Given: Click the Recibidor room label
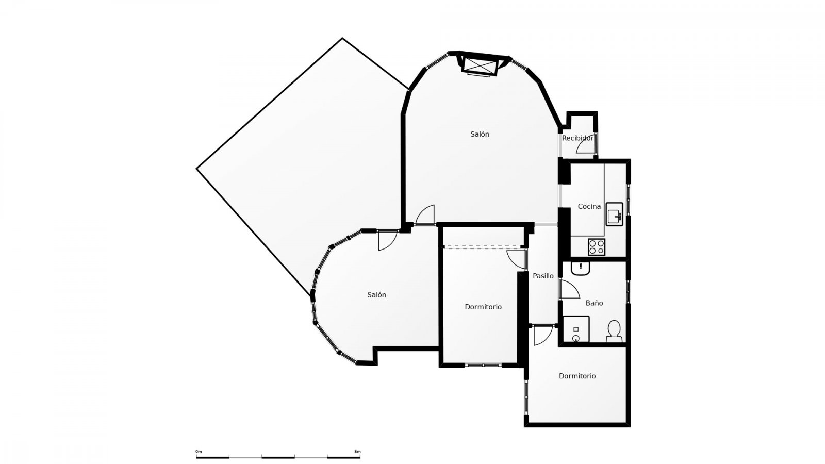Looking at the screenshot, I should click(x=577, y=138).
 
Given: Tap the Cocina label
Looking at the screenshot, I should click(x=589, y=206).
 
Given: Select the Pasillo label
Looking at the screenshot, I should click(x=543, y=276).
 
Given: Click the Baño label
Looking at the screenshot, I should click(x=594, y=303).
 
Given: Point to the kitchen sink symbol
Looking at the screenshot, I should click(x=614, y=213).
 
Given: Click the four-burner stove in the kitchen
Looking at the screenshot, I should click(x=597, y=247).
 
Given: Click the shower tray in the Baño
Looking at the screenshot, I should click(x=576, y=329).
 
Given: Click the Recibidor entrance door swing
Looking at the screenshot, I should click(x=586, y=147).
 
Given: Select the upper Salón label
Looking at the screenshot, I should click(x=480, y=134).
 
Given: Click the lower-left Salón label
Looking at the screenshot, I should click(x=376, y=295).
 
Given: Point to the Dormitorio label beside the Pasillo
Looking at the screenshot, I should click(x=483, y=307).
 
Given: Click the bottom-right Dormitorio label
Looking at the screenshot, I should click(x=577, y=376).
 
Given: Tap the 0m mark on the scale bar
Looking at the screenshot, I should click(x=199, y=452).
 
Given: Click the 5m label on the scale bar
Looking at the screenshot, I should click(x=357, y=452).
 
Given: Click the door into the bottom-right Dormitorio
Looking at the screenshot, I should click(x=542, y=336).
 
